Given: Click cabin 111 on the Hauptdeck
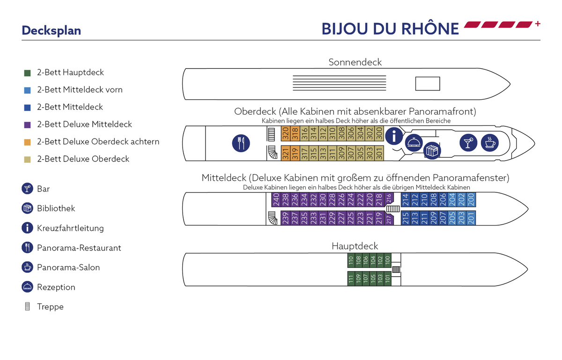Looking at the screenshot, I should pyautogui.click(x=351, y=280).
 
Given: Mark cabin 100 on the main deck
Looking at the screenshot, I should pyautogui.click(x=387, y=260).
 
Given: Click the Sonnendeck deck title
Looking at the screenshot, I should pyautogui.click(x=355, y=62).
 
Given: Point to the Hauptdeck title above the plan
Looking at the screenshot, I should pyautogui.click(x=355, y=246).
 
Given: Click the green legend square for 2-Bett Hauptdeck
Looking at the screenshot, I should pyautogui.click(x=28, y=73).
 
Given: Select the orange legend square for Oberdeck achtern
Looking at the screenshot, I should pyautogui.click(x=28, y=142).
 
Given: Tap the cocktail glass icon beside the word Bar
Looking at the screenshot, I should pyautogui.click(x=28, y=189).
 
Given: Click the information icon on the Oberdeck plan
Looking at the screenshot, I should pyautogui.click(x=394, y=136).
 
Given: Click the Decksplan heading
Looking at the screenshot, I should pyautogui.click(x=52, y=30).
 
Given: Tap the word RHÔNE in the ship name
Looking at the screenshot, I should pyautogui.click(x=429, y=29).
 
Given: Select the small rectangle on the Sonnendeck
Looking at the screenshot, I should pyautogui.click(x=428, y=84).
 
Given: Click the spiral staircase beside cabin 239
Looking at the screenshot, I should pyautogui.click(x=272, y=217).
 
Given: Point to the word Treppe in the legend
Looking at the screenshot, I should pyautogui.click(x=50, y=307).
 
